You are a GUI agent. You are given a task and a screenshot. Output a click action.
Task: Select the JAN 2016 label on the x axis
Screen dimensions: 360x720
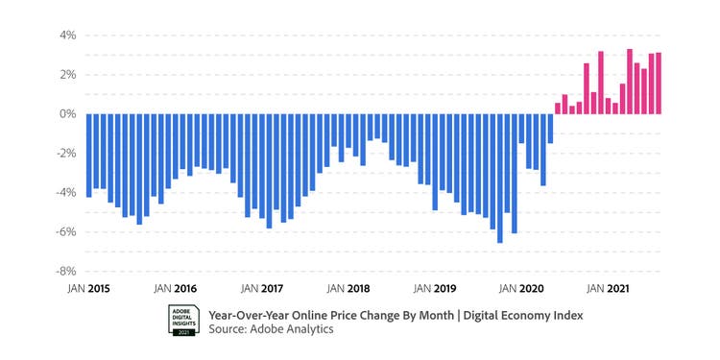[x=175, y=288]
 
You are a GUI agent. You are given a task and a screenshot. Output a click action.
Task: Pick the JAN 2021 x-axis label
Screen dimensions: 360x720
[x=608, y=288]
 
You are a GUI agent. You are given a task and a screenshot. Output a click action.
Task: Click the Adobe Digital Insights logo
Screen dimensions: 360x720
[x=182, y=321]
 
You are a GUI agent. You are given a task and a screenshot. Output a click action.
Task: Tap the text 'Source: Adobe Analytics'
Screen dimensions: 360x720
[x=271, y=329]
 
